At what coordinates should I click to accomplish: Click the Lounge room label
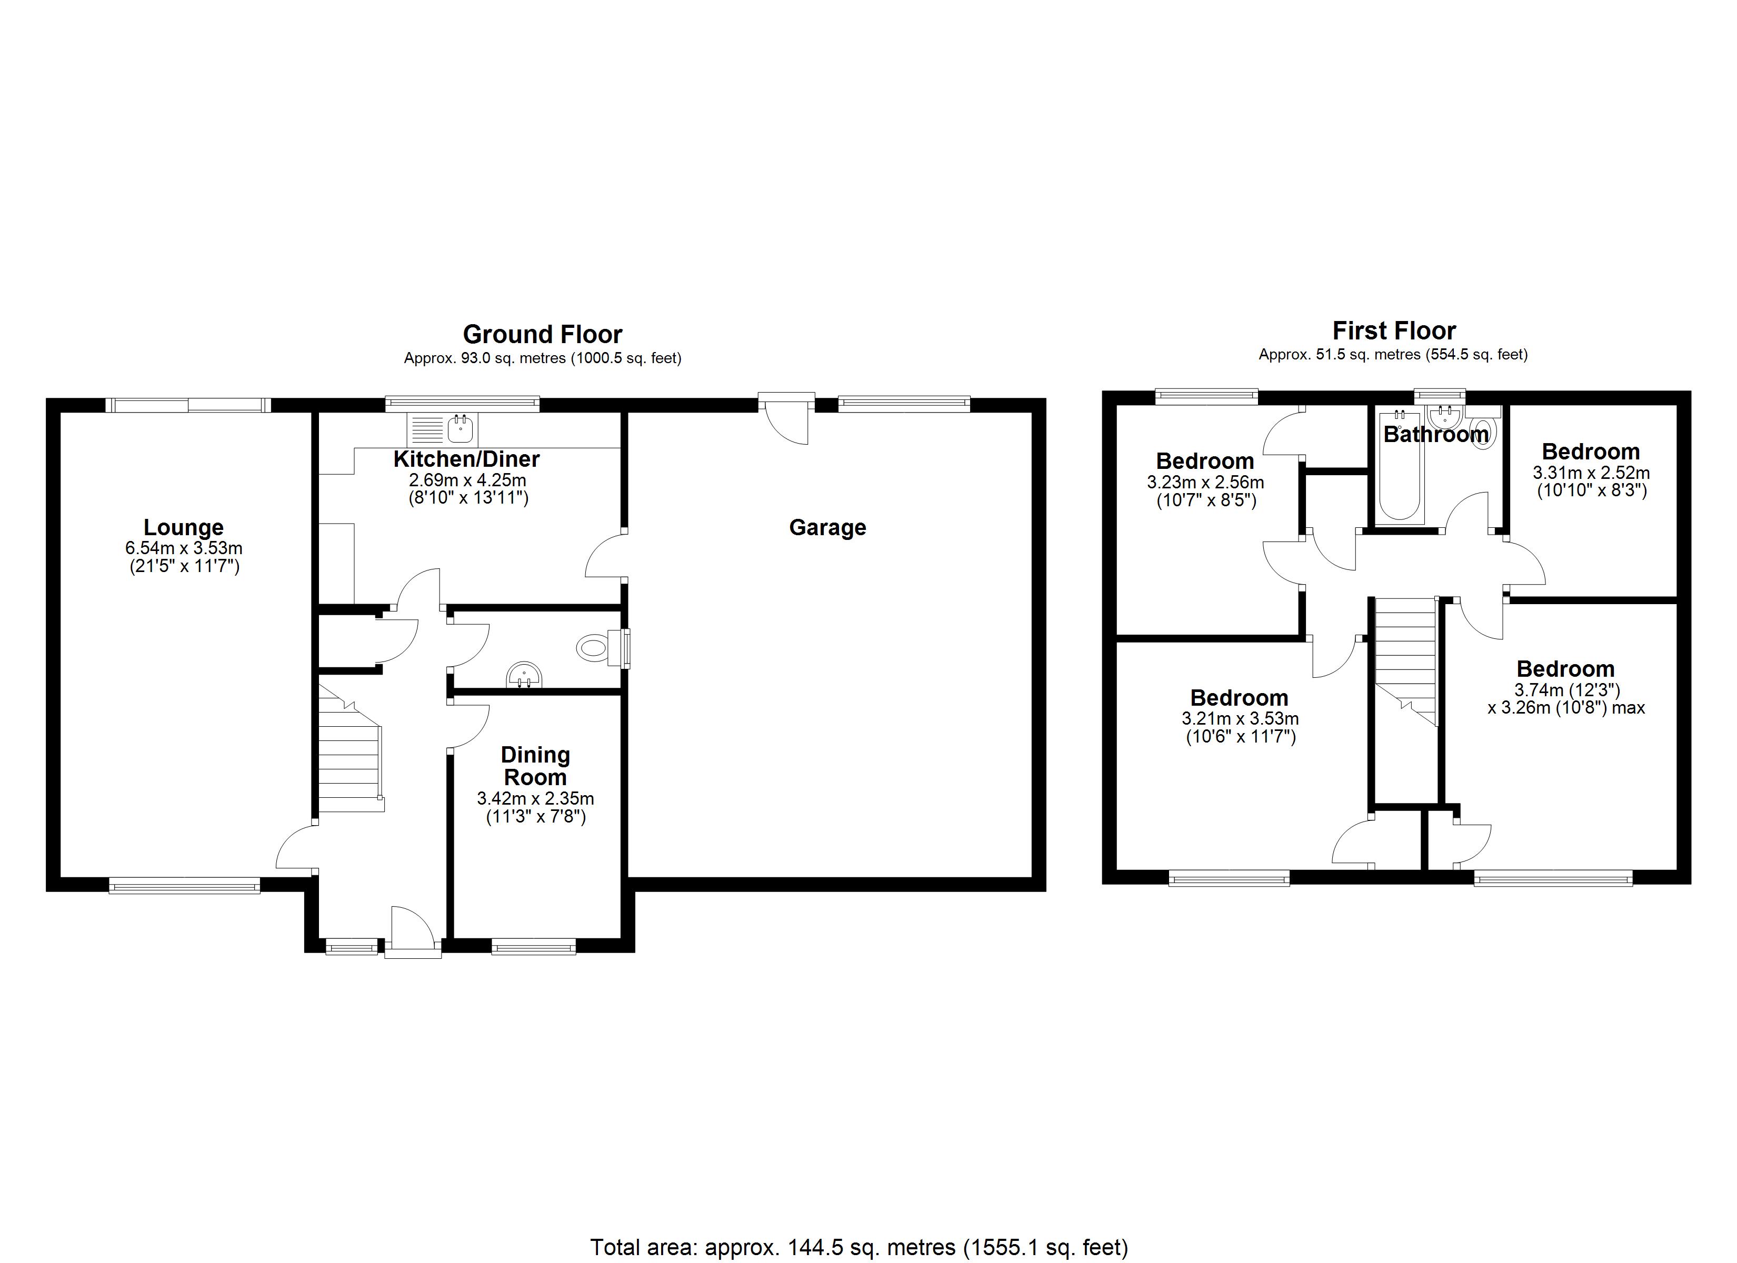[x=184, y=528]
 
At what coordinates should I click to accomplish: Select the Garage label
[x=827, y=528]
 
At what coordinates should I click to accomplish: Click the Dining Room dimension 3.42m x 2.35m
[x=535, y=799]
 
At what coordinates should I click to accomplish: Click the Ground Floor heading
[x=542, y=335]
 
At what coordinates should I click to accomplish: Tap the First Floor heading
[x=1394, y=331]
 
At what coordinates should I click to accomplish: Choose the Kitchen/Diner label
[x=466, y=459]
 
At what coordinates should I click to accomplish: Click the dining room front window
[x=534, y=947]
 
